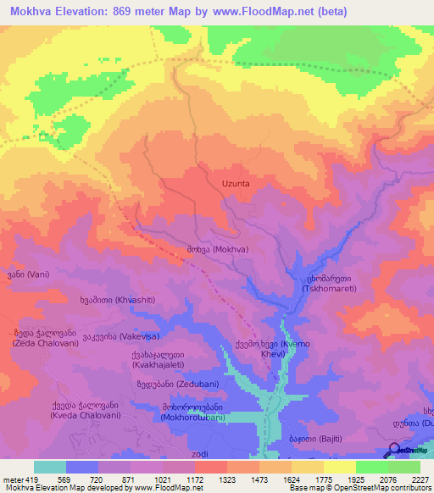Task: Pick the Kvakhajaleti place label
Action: pos(165,360)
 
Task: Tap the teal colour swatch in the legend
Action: pos(50,467)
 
